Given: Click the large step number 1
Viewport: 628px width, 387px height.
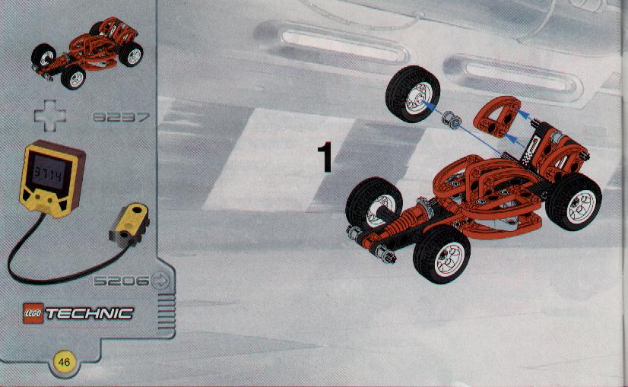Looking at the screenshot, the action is point(325,157).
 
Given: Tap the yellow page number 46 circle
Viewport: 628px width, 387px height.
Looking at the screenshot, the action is point(64,362).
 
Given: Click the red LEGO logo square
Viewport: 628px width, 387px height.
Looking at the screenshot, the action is point(33,313).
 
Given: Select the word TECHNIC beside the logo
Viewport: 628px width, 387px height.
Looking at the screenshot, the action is point(89,314).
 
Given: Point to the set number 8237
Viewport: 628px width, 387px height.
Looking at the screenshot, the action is point(122,117).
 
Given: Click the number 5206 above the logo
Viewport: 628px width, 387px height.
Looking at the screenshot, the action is point(122,281).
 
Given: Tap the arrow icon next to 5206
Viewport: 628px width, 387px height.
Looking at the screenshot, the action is point(161,281).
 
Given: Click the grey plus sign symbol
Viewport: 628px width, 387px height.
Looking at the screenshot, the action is point(50,116).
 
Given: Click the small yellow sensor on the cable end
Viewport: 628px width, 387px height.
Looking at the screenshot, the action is point(130,224).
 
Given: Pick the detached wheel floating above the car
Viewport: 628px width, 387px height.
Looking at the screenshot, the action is point(413,94).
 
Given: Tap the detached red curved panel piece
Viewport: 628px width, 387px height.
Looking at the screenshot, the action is point(496,116).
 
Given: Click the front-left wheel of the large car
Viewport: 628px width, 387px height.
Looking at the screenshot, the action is point(374,205).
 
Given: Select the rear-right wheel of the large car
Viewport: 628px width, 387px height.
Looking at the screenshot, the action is point(573,201).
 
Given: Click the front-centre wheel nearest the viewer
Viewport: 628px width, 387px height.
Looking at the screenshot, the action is point(442,254).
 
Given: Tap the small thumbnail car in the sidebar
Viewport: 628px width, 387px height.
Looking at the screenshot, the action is point(87,52).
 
